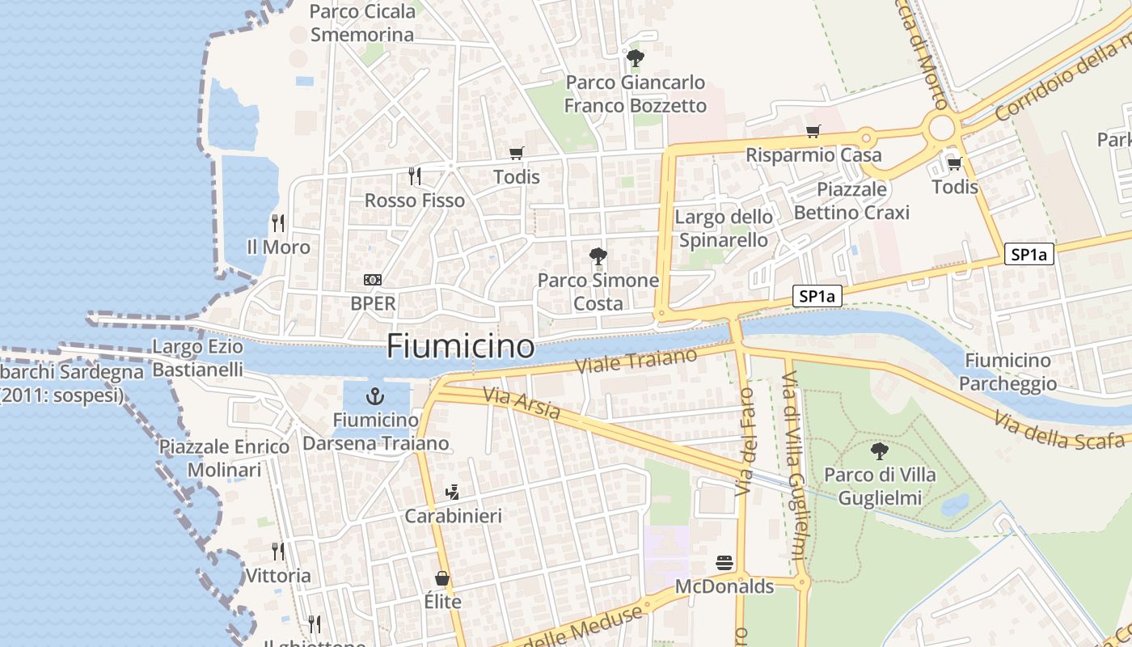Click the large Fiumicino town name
pos(460,346)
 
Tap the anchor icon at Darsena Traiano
pos(374,395)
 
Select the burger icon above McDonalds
pos(724,562)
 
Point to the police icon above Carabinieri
pos(453,492)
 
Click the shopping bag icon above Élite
pos(442,578)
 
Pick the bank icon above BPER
pos(373,280)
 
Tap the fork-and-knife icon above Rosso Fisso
pos(415,175)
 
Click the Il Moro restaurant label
pos(278,247)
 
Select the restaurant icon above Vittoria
pos(278,552)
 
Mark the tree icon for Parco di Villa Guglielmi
pos(880,451)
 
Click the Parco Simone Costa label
pos(598,292)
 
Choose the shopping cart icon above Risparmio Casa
pos(813,131)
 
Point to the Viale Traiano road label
pos(636,361)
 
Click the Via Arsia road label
pos(522,404)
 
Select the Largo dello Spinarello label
pos(724,228)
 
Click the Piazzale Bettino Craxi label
pos(851,201)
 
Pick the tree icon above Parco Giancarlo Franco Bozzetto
pos(635,57)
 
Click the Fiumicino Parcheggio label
pos(1011,372)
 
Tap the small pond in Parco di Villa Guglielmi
pos(956,505)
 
